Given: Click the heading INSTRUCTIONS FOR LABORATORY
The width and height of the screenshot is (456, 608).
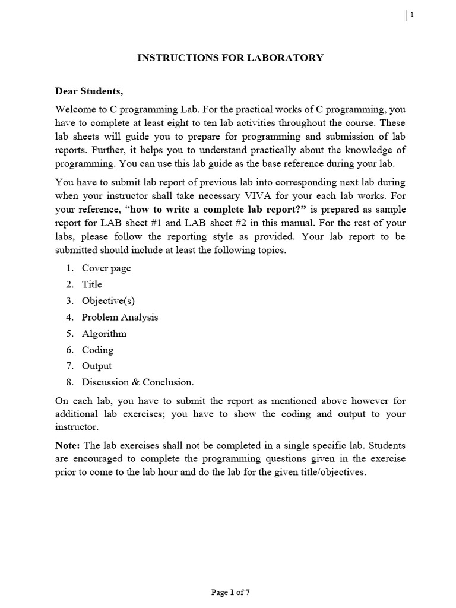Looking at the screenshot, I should coord(230,58).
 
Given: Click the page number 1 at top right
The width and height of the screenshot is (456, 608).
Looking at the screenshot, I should coord(411,15).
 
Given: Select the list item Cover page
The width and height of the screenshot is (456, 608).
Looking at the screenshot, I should coord(106,268).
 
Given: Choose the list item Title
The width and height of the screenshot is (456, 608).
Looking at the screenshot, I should coord(92,284).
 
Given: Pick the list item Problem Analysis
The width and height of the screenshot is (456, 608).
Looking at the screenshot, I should coord(120,317).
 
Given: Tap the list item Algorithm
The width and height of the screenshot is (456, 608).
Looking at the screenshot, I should coord(104,334).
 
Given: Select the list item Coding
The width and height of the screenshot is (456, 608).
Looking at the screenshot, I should coord(97,350).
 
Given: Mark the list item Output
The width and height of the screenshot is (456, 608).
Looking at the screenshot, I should coord(97,366).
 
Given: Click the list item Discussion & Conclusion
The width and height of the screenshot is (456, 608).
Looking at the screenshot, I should coord(138,382).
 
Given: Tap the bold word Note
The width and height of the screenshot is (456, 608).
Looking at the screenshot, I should coord(67,445).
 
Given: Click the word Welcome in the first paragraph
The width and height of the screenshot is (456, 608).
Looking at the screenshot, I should coord(76,110).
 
